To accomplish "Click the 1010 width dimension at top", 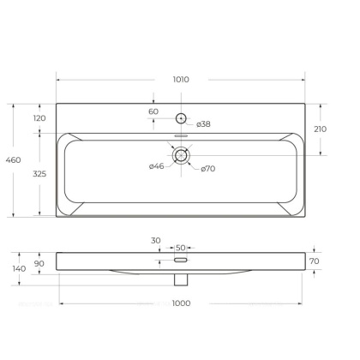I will (x=181, y=80).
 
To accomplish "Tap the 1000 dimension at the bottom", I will (x=181, y=304).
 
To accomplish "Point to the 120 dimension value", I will (x=39, y=118).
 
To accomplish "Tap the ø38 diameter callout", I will (x=203, y=124).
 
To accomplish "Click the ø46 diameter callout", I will (x=156, y=165).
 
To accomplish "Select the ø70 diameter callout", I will (x=208, y=168).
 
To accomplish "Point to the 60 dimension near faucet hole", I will (x=153, y=111).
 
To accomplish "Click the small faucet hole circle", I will (x=181, y=118).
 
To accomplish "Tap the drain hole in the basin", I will (x=181, y=155).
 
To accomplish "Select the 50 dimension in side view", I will (x=180, y=247).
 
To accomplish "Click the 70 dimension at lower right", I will (x=314, y=261).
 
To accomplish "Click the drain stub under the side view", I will (x=180, y=279).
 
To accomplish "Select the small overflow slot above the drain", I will (x=181, y=137).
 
